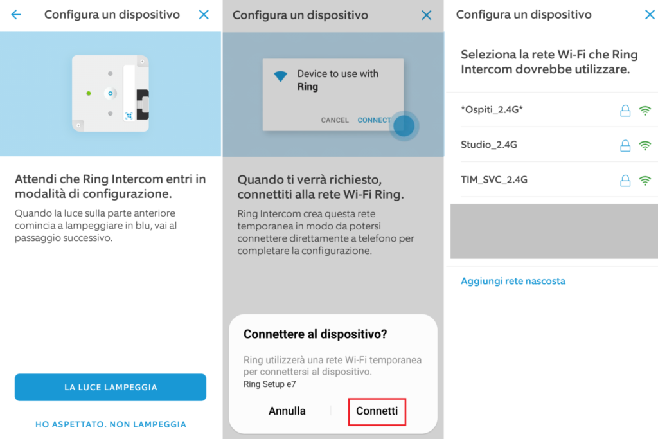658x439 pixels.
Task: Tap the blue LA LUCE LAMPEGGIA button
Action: (x=111, y=387)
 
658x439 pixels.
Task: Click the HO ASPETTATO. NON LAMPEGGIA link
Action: (x=111, y=424)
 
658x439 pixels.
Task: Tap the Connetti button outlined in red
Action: (x=377, y=411)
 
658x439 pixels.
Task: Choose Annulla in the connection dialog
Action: (x=287, y=411)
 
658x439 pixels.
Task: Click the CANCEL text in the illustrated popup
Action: (x=335, y=120)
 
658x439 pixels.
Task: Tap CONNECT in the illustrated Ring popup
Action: (x=374, y=120)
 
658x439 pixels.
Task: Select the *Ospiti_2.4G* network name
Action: (x=492, y=110)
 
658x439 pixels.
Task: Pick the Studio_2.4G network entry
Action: (x=489, y=145)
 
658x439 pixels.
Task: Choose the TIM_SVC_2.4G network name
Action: (x=494, y=179)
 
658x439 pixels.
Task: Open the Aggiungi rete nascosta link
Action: (x=513, y=281)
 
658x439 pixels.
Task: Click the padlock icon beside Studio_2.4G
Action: (x=625, y=145)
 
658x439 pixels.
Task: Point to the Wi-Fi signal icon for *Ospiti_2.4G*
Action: (x=645, y=111)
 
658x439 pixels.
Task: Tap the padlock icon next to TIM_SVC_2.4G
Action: (x=625, y=181)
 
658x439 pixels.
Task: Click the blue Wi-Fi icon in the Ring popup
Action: (x=281, y=76)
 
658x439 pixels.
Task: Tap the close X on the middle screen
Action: (x=427, y=15)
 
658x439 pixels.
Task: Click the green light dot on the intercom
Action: (x=89, y=93)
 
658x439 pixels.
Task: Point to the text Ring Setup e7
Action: (x=270, y=384)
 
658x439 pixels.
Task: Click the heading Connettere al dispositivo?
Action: (x=315, y=334)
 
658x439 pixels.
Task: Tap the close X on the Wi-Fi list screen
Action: (x=650, y=14)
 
